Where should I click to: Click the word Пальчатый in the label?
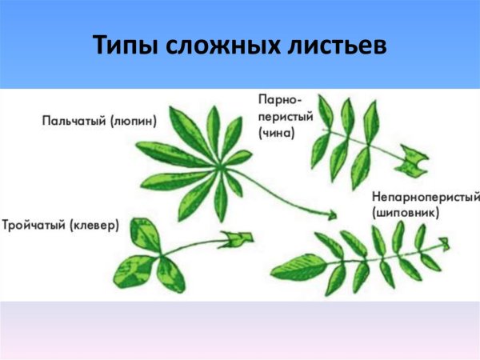click(74, 121)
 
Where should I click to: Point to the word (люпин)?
click(134, 121)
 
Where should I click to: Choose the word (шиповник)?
click(406, 214)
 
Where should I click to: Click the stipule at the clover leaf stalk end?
click(238, 238)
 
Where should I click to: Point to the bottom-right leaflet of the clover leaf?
click(170, 274)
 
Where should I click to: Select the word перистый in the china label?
click(280, 117)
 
